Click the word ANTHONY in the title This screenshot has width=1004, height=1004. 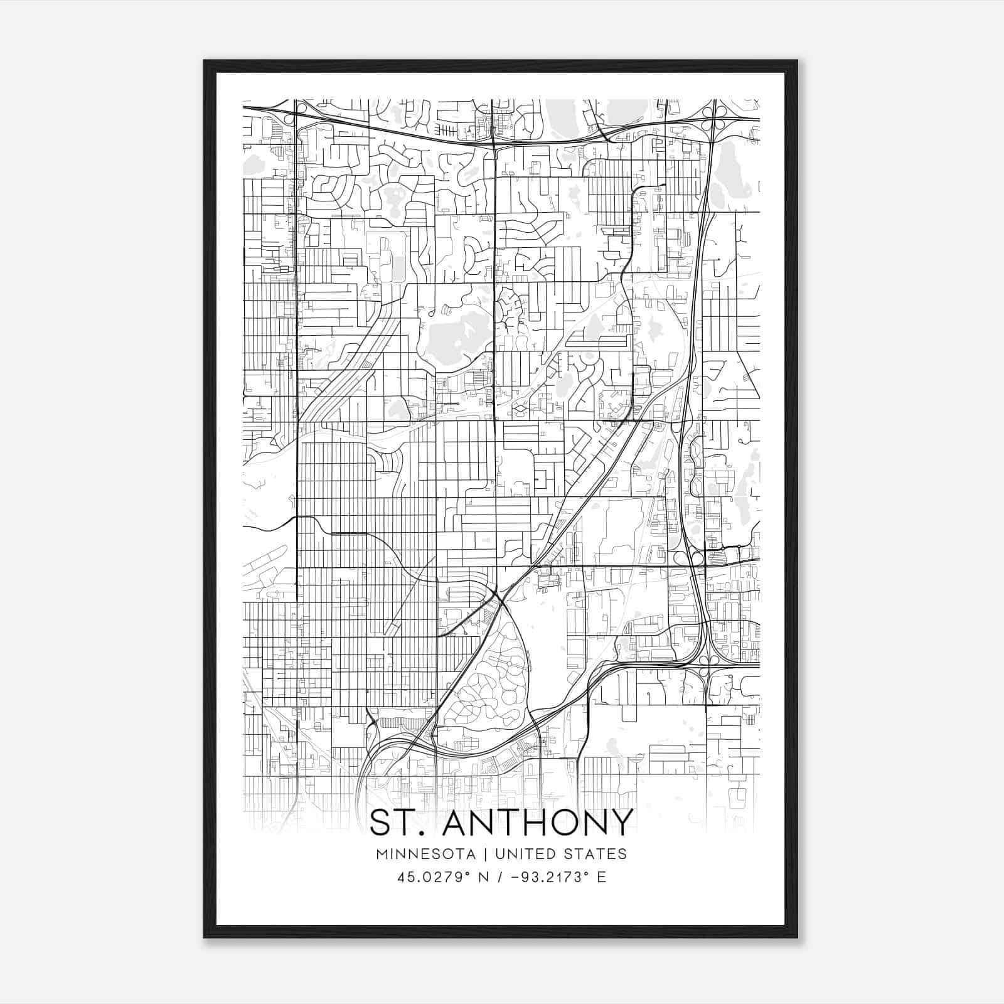pos(535,822)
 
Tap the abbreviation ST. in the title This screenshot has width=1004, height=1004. pos(398,822)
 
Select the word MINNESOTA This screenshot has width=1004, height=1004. pos(425,854)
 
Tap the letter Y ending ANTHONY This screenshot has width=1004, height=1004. pos(617,822)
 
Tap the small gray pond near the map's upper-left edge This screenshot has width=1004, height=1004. pos(254,165)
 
